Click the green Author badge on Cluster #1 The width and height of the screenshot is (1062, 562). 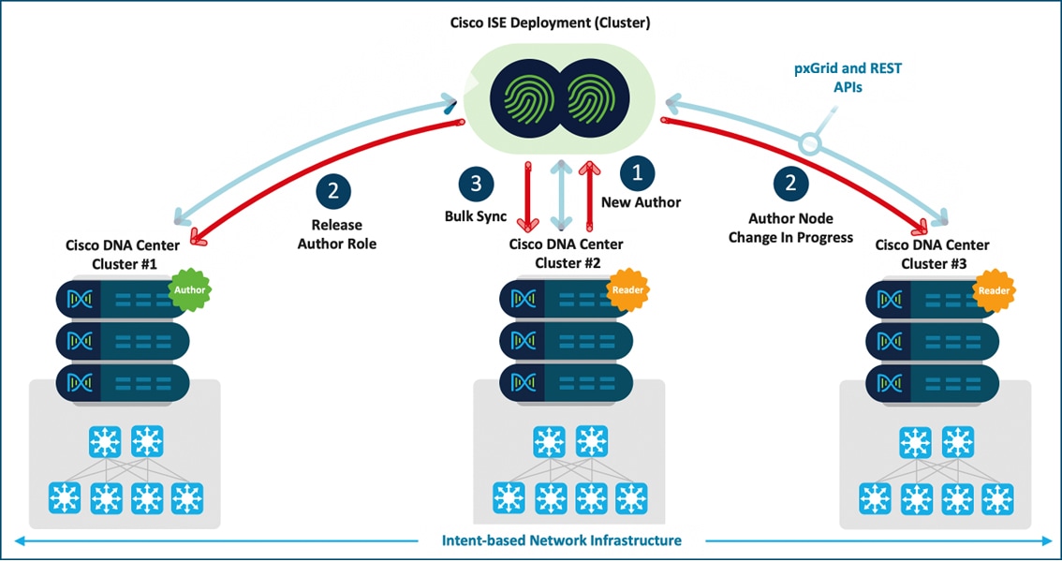pyautogui.click(x=188, y=290)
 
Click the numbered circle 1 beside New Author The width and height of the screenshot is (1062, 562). pyautogui.click(x=638, y=172)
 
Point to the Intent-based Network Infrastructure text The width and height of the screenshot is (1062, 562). pyautogui.click(x=562, y=540)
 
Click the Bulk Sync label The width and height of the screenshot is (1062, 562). pyautogui.click(x=475, y=216)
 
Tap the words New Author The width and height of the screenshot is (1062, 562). pyautogui.click(x=642, y=202)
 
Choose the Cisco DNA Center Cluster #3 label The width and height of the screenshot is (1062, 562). pyautogui.click(x=931, y=254)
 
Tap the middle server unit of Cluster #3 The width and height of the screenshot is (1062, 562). pyautogui.click(x=932, y=340)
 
